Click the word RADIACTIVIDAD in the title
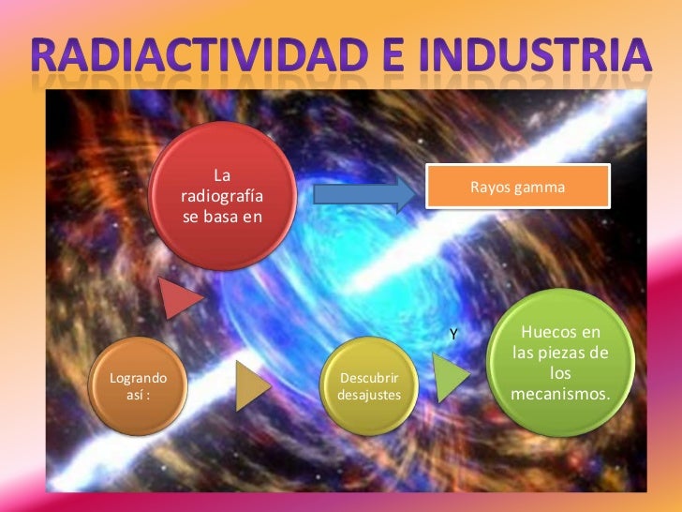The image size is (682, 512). [208, 56]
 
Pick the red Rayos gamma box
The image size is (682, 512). [518, 188]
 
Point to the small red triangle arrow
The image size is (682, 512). [181, 299]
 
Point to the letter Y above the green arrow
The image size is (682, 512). [453, 335]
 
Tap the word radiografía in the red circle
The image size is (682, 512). [222, 198]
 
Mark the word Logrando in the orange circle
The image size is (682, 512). [139, 379]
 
